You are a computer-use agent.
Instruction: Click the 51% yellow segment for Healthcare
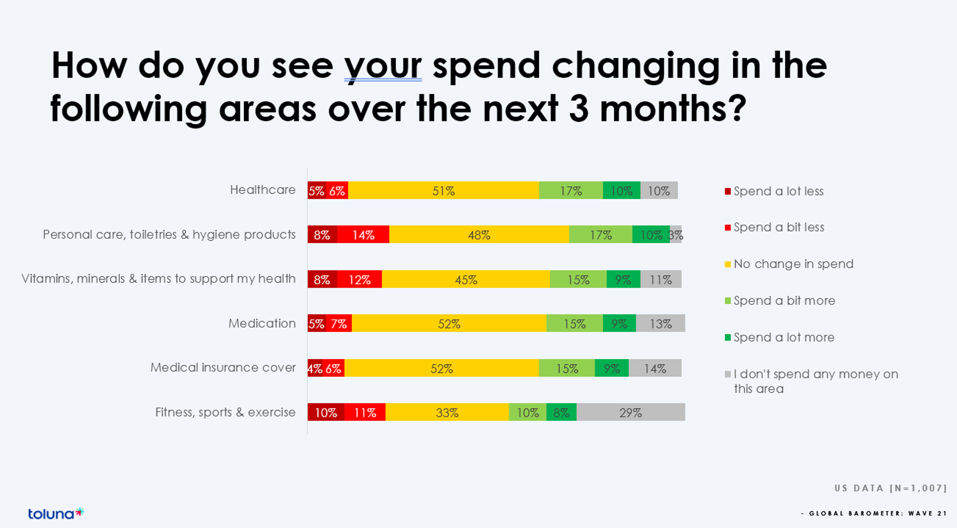[443, 190]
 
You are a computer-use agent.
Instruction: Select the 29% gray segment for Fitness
[631, 412]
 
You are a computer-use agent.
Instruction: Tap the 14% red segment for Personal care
[363, 235]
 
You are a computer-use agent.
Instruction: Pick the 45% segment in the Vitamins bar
[466, 279]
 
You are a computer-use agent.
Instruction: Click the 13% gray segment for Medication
[660, 323]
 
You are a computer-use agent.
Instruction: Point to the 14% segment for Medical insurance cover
[655, 368]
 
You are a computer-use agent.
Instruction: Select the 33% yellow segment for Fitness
[447, 412]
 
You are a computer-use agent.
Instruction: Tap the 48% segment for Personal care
[479, 235]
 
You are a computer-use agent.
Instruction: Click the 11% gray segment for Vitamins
[661, 279]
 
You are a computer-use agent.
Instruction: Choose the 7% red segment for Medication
[339, 323]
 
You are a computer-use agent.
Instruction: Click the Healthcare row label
[262, 190]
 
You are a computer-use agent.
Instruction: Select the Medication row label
[262, 323]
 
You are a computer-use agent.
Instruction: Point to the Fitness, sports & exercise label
[225, 412]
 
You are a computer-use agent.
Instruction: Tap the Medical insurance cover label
[223, 368]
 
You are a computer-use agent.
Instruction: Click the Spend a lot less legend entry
[778, 191]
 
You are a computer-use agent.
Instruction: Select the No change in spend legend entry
[793, 264]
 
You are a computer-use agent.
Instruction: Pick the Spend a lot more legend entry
[784, 338]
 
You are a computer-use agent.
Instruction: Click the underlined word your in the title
[383, 65]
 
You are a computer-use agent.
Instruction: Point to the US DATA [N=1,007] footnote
[891, 488]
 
